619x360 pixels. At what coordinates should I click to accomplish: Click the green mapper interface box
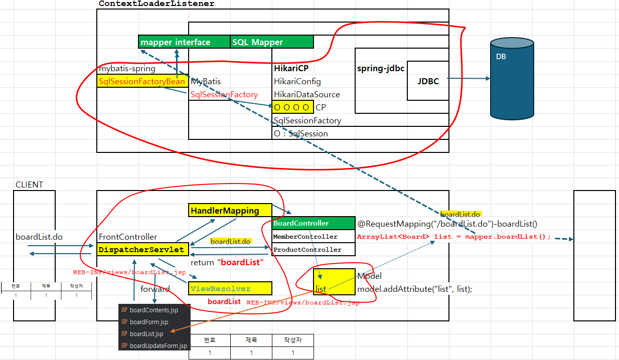pos(184,42)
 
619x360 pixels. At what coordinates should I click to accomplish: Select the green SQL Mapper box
pos(272,42)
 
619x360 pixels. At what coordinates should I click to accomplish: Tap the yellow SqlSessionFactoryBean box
pos(142,81)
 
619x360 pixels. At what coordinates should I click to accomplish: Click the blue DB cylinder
pos(512,79)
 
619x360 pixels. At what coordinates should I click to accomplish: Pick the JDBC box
pos(428,81)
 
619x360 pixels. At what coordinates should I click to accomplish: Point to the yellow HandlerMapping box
pos(230,211)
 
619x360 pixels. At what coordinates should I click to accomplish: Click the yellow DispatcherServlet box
pos(142,250)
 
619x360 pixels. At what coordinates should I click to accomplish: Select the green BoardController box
pos(314,223)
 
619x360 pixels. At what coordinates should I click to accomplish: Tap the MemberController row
pos(314,237)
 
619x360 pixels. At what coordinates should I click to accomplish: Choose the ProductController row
pos(314,250)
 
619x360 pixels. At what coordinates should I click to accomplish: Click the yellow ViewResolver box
pos(230,288)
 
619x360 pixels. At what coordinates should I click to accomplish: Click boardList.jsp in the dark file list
pos(146,334)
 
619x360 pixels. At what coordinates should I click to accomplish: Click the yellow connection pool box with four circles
pos(292,107)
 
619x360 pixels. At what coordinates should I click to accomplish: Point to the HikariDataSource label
pos(306,94)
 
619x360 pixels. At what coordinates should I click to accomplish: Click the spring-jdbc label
pos(381,68)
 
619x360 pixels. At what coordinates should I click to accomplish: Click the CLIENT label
pos(29,185)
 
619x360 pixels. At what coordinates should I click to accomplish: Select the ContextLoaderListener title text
pos(157,4)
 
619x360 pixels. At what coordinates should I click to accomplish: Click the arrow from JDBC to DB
pos(469,78)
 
